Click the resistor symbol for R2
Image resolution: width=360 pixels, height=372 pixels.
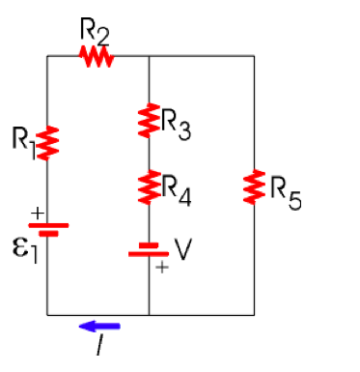click(x=97, y=57)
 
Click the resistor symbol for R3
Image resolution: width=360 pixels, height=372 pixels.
click(x=150, y=123)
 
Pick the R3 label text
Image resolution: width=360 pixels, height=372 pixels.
click(x=176, y=125)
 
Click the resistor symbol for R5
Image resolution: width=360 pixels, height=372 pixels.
click(x=255, y=186)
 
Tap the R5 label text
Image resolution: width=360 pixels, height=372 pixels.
click(x=284, y=192)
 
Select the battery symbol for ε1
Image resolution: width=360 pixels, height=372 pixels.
click(x=48, y=229)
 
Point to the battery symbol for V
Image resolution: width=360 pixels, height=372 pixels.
click(x=149, y=250)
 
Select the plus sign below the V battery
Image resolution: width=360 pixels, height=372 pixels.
click(x=161, y=270)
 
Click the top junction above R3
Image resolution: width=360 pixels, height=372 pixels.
click(x=150, y=57)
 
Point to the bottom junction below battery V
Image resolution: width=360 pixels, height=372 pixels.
click(x=150, y=314)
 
